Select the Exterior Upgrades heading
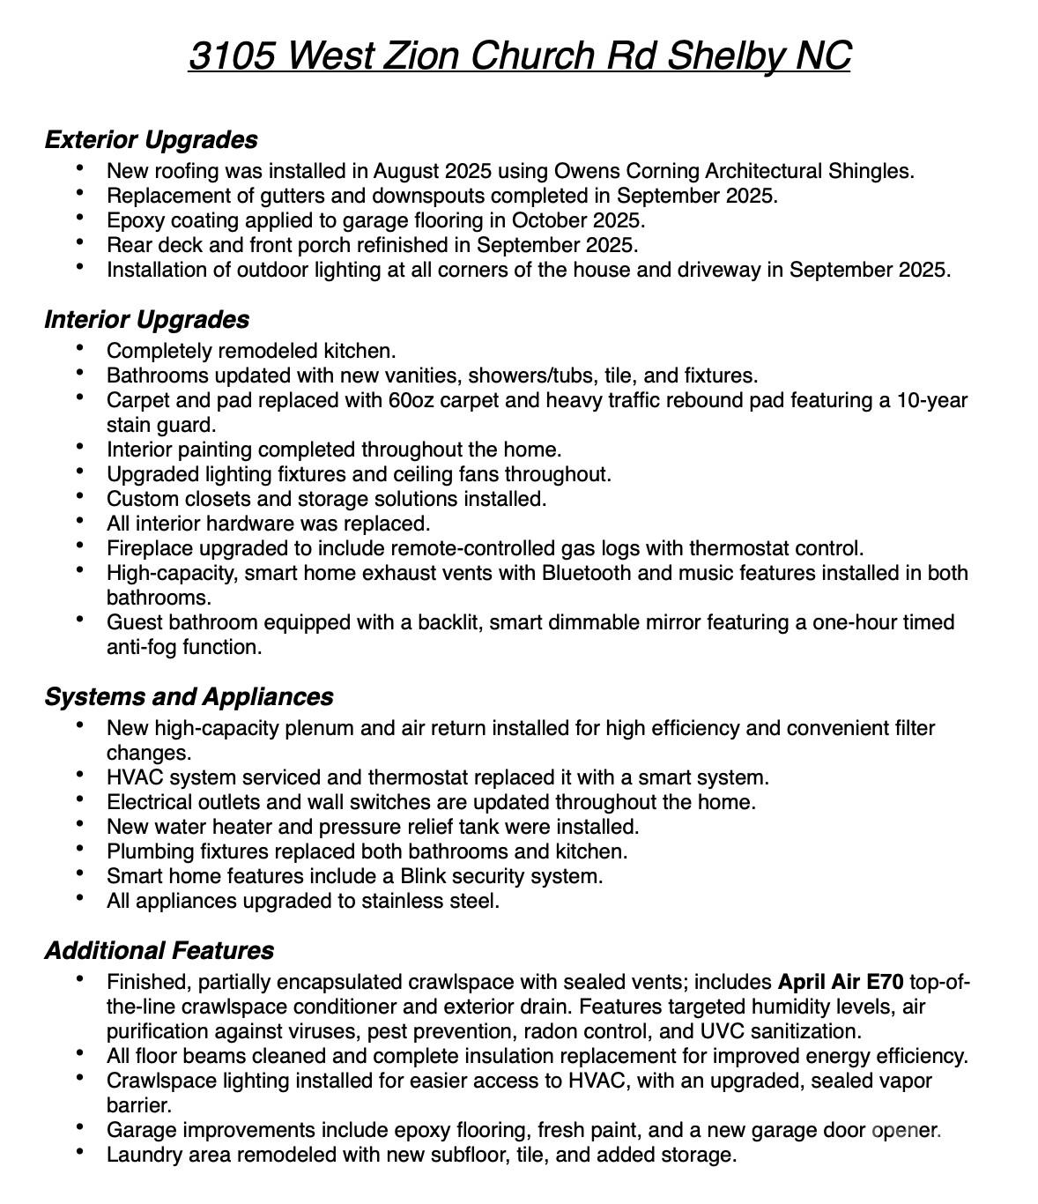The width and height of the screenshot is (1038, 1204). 151,139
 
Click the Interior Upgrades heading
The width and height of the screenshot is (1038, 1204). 146,319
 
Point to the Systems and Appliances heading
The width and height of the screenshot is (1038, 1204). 189,696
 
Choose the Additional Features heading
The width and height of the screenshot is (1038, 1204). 159,950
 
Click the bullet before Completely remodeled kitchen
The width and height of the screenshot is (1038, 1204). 81,348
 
